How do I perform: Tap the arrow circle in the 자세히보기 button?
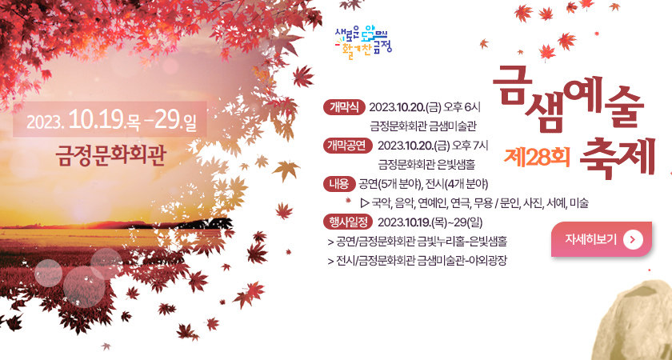pos(633,238)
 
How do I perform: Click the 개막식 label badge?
pos(345,106)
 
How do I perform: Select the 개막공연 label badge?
pos(348,145)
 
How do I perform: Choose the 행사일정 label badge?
pos(348,222)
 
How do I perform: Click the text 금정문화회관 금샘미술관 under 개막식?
pos(423,126)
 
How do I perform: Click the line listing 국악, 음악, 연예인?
pos(475,203)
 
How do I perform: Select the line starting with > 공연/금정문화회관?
pos(417,241)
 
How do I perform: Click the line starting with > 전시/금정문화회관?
pos(417,260)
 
